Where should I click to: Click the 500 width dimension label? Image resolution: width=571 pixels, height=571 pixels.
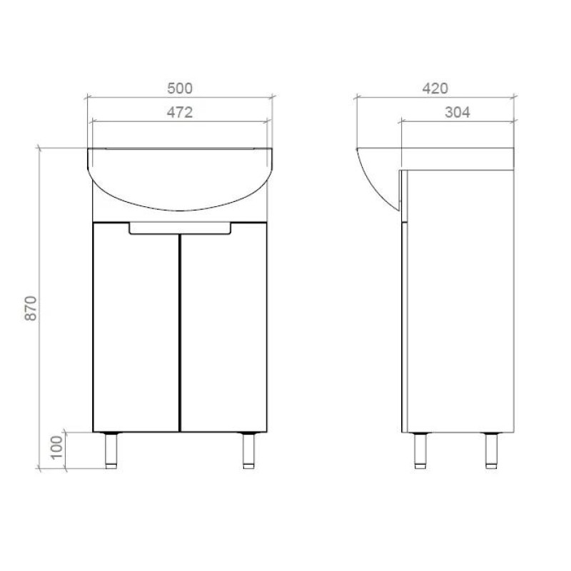[x=180, y=89]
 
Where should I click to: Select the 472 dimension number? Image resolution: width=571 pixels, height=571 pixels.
[x=180, y=112]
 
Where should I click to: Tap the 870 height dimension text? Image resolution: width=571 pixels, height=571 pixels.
[x=31, y=308]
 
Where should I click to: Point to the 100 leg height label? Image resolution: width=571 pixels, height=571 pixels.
[x=56, y=448]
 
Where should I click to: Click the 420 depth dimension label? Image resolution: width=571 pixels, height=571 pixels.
[x=435, y=89]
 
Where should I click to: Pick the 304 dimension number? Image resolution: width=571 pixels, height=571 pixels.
[x=458, y=112]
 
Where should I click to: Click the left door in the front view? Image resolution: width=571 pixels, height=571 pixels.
[x=136, y=327]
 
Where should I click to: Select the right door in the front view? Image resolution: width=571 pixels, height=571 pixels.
[x=223, y=327]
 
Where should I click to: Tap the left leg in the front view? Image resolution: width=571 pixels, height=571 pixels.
[x=111, y=450]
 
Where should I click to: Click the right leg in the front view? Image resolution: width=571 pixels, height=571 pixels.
[x=249, y=450]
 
